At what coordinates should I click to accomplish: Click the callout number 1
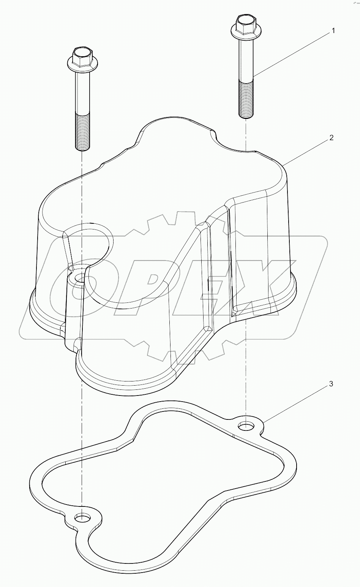(x=333, y=31)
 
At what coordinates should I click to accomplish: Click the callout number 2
(x=331, y=138)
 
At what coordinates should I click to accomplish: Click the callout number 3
(x=331, y=384)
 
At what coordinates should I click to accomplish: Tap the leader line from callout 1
(x=292, y=53)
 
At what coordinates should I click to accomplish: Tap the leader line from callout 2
(x=304, y=152)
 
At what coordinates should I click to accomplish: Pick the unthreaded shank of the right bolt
(x=246, y=57)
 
